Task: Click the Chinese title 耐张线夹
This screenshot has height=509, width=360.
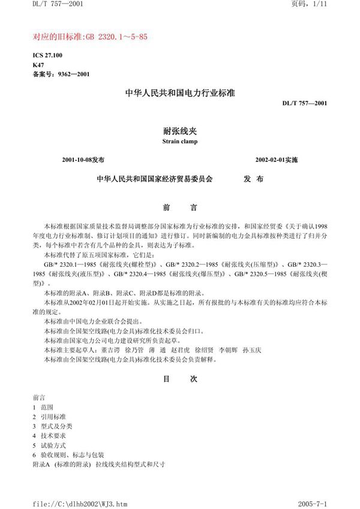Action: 179,131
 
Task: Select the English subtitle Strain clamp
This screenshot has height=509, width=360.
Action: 179,142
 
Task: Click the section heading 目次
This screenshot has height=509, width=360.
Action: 180,379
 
